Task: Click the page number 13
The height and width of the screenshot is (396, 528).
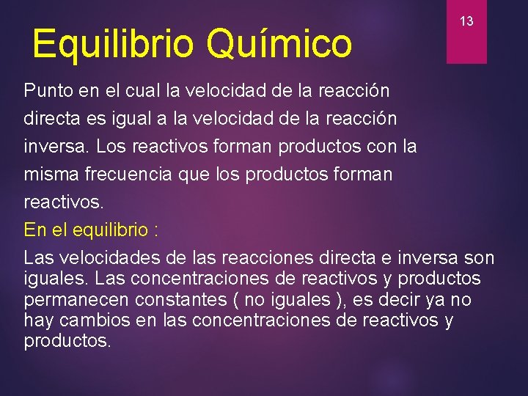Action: (x=466, y=21)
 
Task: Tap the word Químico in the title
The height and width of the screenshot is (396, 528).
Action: (x=279, y=43)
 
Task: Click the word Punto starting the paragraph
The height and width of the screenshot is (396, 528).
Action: (x=47, y=91)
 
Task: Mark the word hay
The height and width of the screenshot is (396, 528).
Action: (x=37, y=320)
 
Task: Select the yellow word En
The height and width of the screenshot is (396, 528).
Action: (x=34, y=230)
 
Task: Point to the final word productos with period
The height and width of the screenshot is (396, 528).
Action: (x=68, y=342)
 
